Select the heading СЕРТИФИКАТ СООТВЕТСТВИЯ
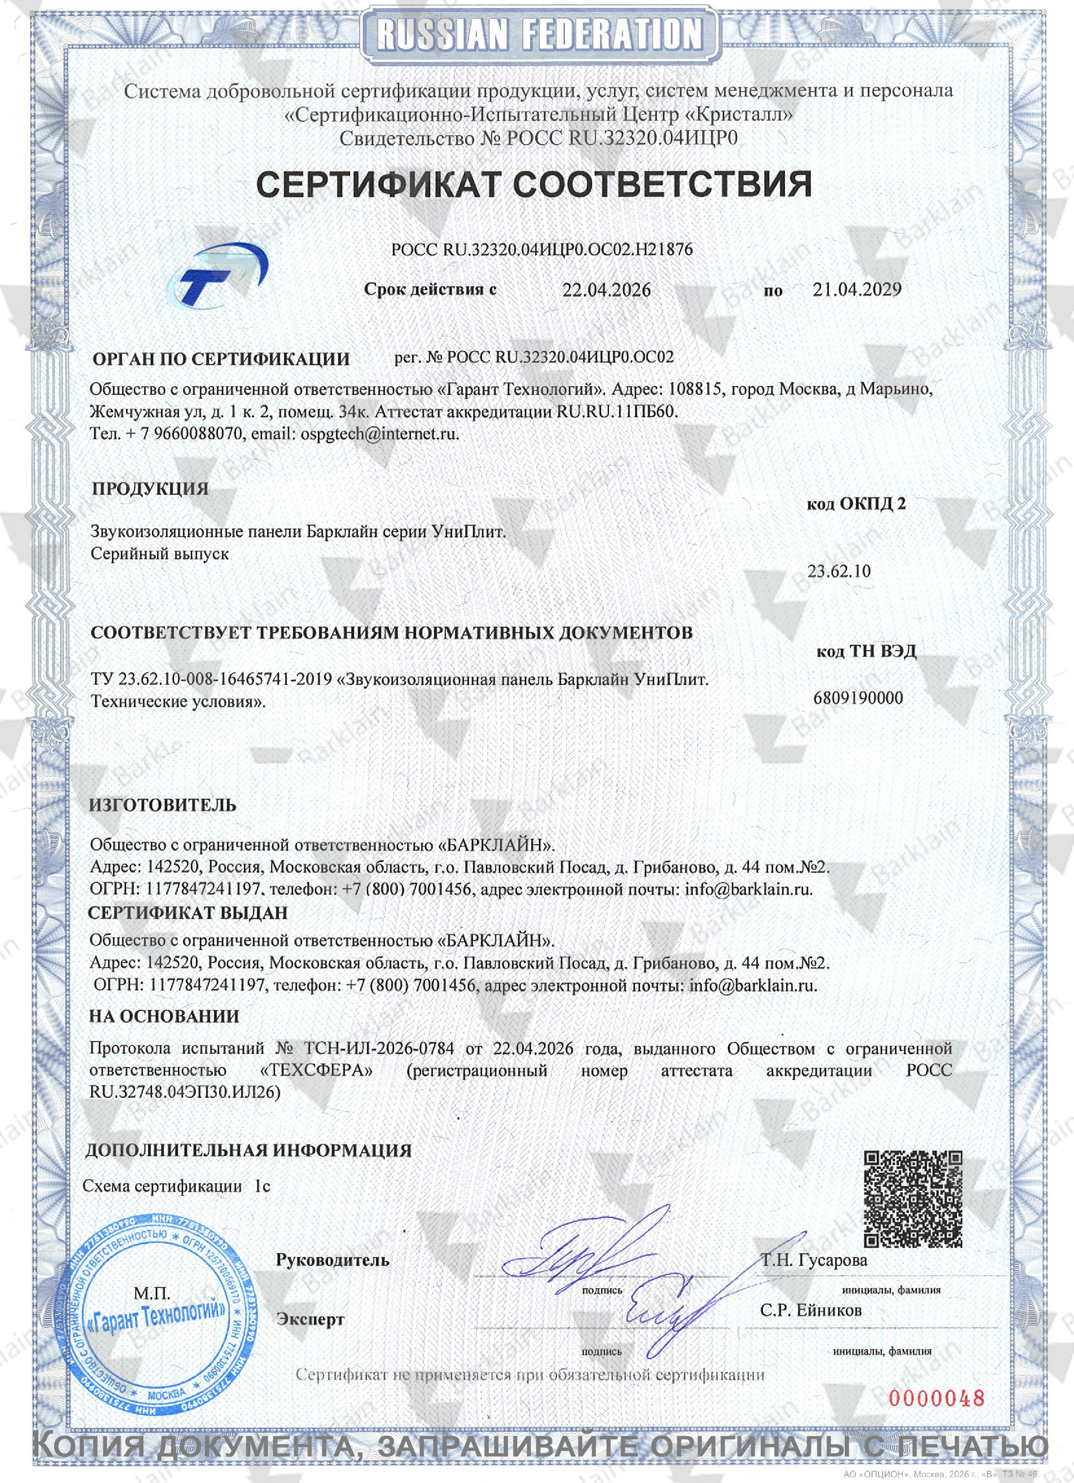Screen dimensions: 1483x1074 pyautogui.click(x=534, y=185)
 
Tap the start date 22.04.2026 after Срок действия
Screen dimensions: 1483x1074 pyautogui.click(x=606, y=290)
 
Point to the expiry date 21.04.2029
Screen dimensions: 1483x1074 pyautogui.click(x=857, y=289)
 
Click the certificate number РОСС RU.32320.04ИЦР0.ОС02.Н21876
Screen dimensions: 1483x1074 pyautogui.click(x=542, y=249)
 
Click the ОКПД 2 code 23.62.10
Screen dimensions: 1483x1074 pyautogui.click(x=839, y=571)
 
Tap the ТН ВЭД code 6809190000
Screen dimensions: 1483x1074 pyautogui.click(x=858, y=698)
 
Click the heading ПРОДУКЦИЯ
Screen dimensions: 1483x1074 pyautogui.click(x=150, y=489)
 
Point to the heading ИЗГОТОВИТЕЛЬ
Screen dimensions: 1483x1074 pyautogui.click(x=163, y=805)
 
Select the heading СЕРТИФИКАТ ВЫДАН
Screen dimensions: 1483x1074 pyautogui.click(x=188, y=913)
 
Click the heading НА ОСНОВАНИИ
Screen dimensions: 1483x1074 pyautogui.click(x=164, y=1016)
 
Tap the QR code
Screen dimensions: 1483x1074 pyautogui.click(x=913, y=1198)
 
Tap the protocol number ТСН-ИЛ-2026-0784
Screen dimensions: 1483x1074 pyautogui.click(x=379, y=1048)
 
